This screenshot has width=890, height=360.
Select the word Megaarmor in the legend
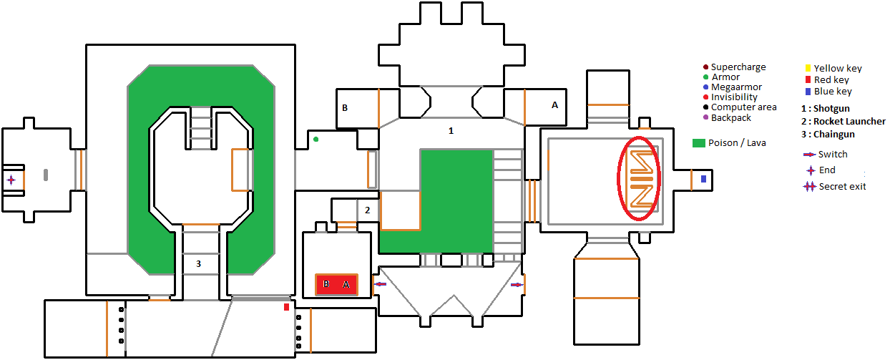point(736,87)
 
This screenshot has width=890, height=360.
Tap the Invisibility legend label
point(734,97)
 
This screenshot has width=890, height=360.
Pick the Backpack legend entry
point(731,117)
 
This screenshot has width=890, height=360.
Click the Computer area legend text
point(743,107)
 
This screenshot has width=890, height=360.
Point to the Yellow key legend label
point(838,69)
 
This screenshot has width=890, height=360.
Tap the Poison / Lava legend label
point(737,142)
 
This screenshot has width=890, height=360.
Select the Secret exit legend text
point(842,187)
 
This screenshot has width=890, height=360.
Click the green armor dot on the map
point(316,139)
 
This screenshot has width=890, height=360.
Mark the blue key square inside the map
point(703,179)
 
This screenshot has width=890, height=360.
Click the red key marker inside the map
point(286,307)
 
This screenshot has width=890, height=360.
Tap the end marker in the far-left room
point(11,180)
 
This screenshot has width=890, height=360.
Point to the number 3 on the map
point(198,264)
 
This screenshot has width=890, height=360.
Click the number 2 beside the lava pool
point(367,210)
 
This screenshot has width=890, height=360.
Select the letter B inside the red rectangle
point(326,285)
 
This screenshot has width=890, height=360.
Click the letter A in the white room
point(554,104)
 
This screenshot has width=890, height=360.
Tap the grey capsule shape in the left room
point(46,174)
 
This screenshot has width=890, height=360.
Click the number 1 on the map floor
point(451,131)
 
